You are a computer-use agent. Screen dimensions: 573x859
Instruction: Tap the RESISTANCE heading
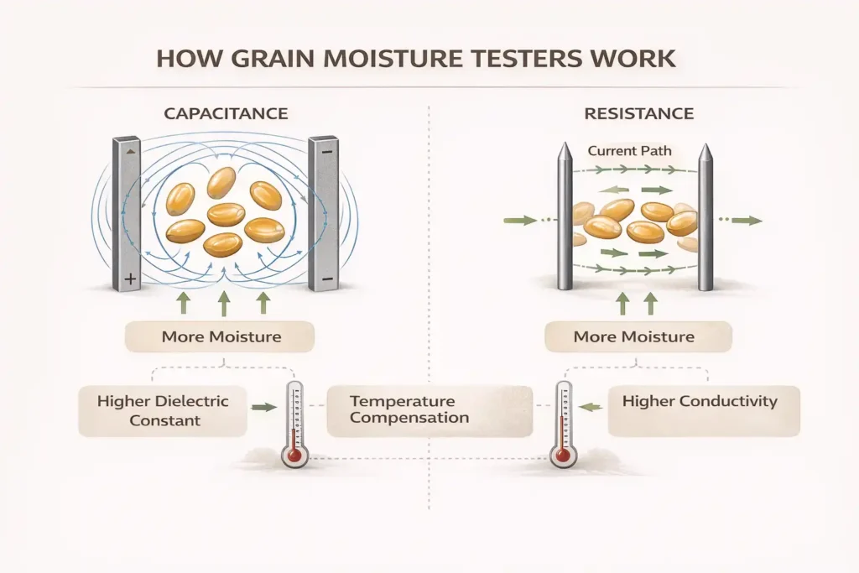(640, 112)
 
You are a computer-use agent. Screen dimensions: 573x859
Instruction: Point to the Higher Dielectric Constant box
(163, 410)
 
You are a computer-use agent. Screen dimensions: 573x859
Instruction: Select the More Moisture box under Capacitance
(219, 337)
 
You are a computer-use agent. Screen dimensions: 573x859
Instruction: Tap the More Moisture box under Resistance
(634, 337)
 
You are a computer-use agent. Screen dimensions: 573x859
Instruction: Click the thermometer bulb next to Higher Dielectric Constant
(294, 455)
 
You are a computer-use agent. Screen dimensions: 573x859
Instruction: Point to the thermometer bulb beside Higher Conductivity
(561, 455)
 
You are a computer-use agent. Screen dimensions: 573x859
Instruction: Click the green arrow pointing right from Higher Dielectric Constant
(263, 407)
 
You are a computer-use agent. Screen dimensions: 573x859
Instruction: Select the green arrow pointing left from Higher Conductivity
(592, 407)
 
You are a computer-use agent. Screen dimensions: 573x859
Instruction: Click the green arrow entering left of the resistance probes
(521, 221)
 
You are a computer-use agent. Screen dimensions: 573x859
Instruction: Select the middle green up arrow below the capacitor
(224, 302)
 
